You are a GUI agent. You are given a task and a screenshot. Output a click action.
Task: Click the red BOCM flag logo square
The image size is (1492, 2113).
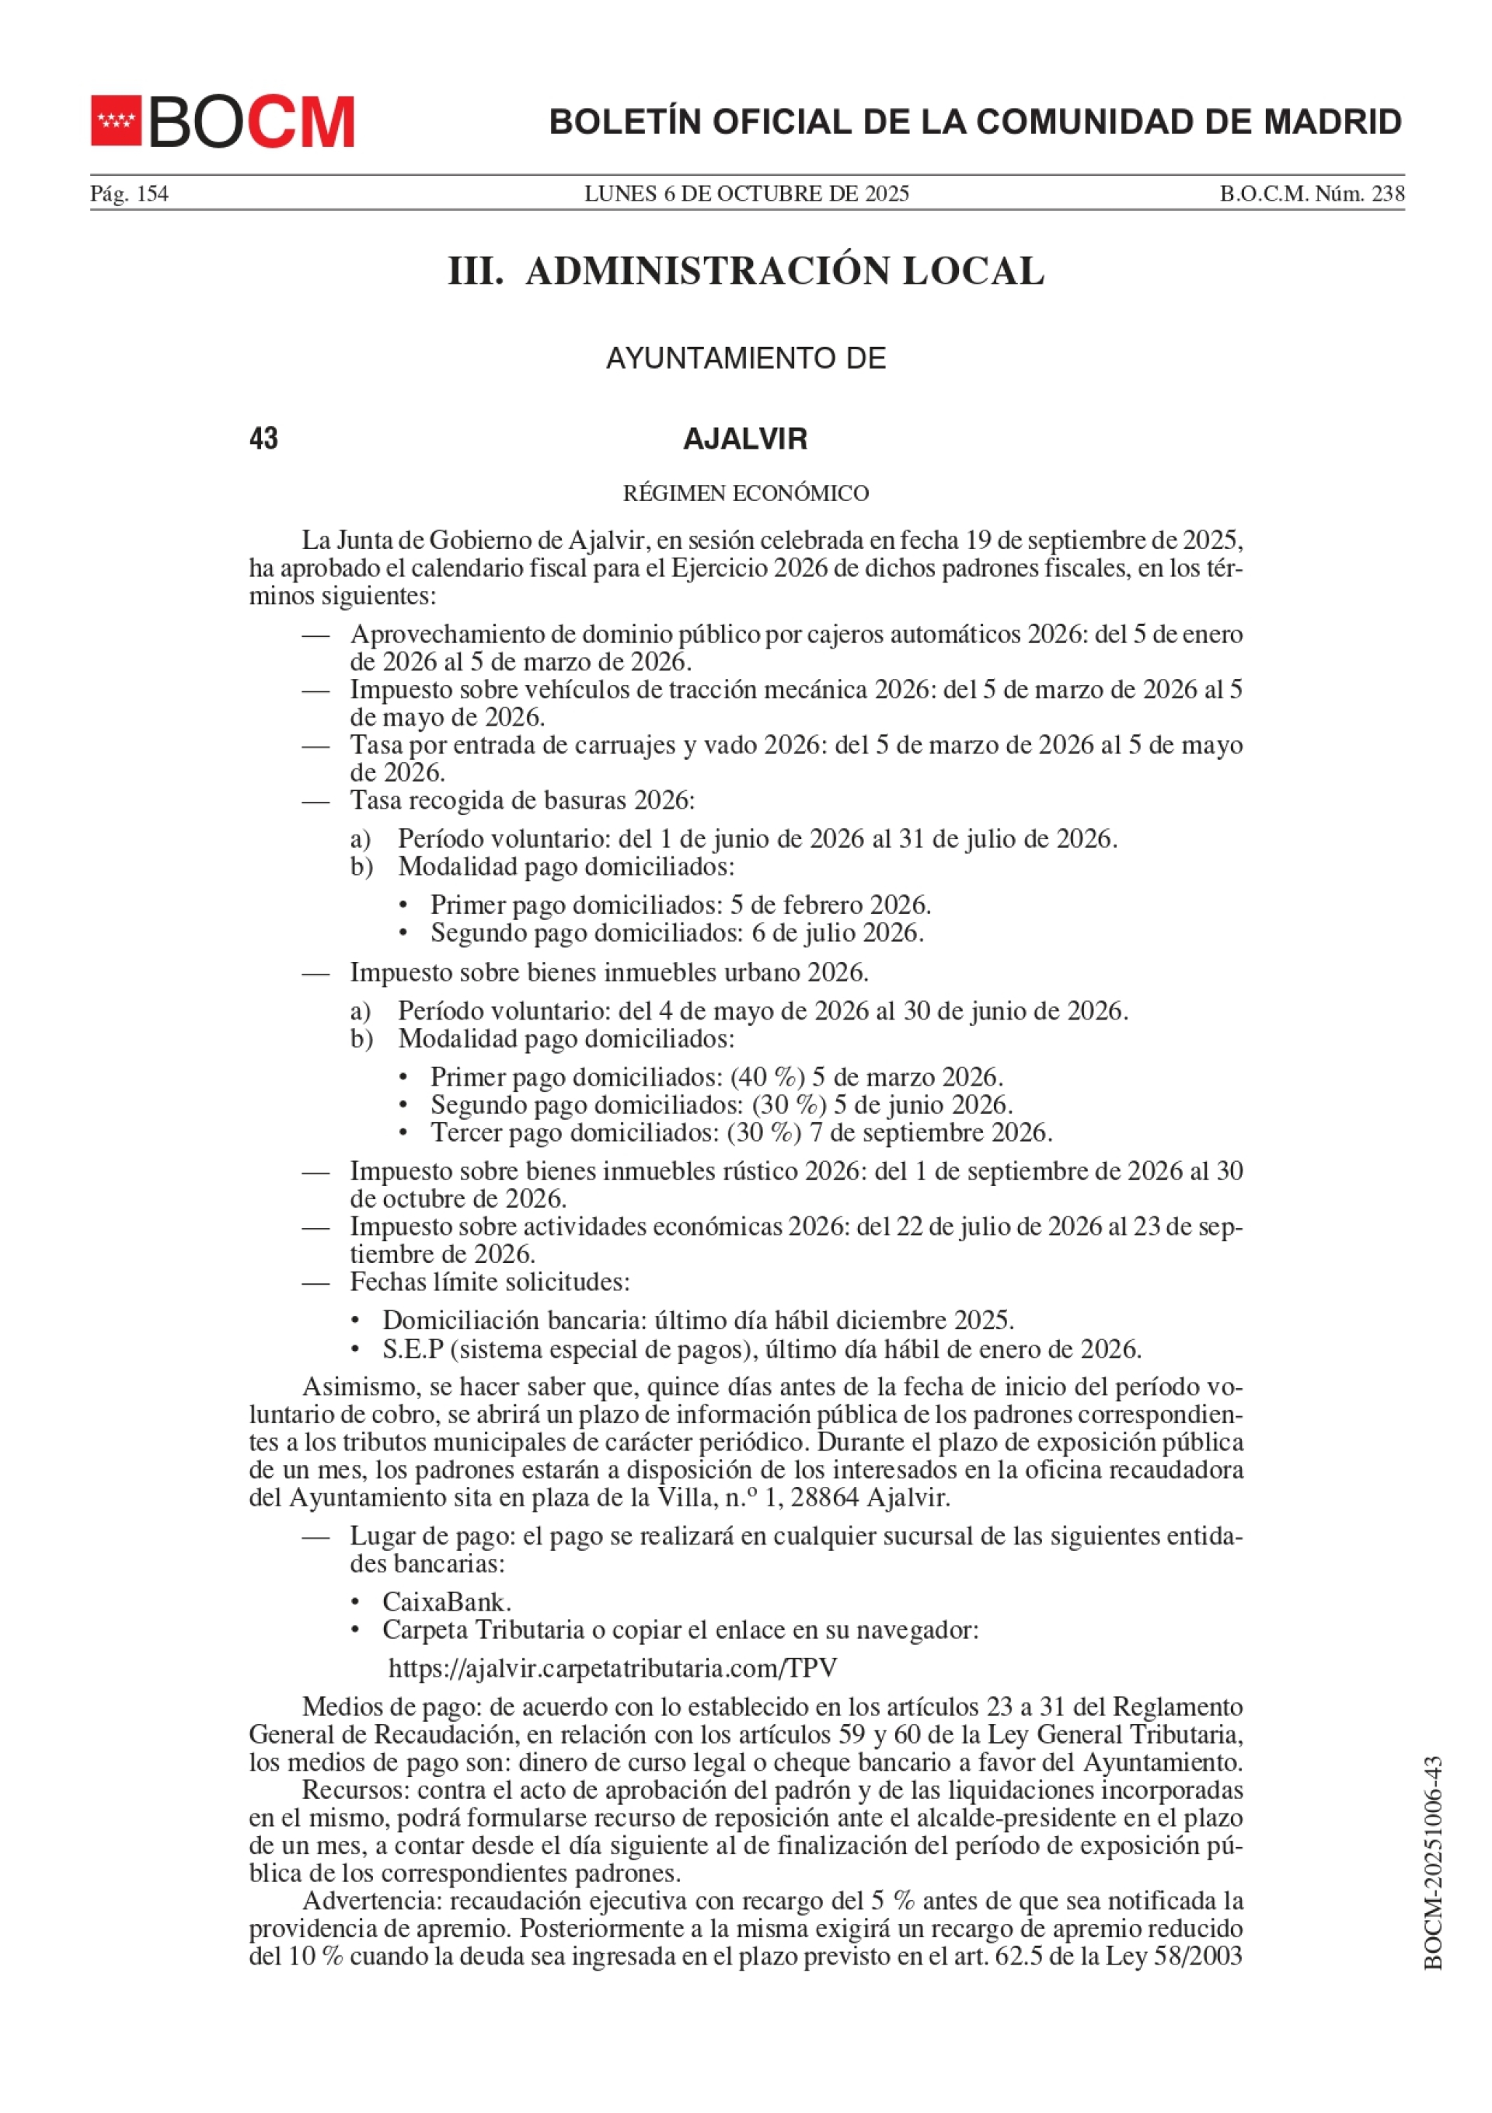click(x=116, y=121)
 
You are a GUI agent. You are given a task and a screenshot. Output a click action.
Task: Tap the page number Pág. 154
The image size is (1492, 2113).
click(x=129, y=194)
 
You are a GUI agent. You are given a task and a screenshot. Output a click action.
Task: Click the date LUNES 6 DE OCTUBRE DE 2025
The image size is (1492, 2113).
click(x=746, y=194)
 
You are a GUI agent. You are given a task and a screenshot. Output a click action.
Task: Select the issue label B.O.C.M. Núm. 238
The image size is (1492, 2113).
click(x=1312, y=194)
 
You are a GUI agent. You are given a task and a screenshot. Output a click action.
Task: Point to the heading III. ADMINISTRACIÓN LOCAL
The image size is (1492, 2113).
click(x=746, y=271)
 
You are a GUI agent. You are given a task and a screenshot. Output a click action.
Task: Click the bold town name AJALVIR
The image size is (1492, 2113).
click(x=745, y=439)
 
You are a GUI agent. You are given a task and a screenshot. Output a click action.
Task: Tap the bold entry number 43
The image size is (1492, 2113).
click(x=264, y=439)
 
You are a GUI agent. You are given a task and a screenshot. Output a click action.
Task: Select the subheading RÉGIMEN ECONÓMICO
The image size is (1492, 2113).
click(x=745, y=493)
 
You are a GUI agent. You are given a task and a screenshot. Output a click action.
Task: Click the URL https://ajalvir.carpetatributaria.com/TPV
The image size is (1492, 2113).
click(x=612, y=1668)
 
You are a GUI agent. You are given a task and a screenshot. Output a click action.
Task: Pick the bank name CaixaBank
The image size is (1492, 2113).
click(x=447, y=1602)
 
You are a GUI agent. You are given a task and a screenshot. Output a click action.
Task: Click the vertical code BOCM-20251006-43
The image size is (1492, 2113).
click(x=1432, y=1864)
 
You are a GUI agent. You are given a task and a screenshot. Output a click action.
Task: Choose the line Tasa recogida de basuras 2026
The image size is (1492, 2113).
click(x=521, y=801)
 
